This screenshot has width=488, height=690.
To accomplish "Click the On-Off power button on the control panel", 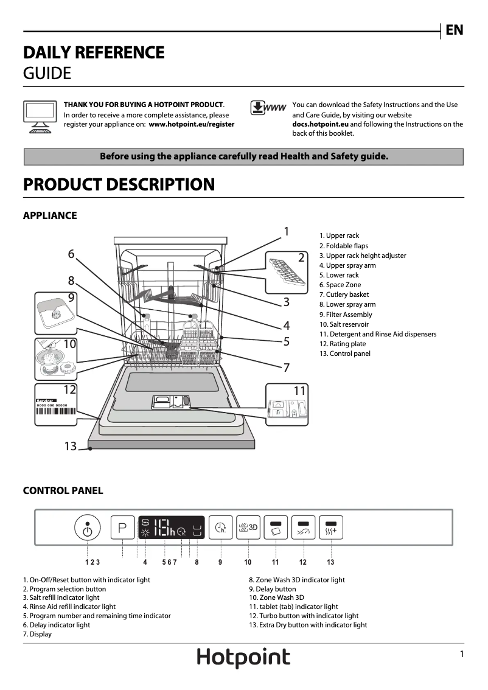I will click(88, 529).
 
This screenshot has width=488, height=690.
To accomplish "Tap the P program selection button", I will click(122, 528).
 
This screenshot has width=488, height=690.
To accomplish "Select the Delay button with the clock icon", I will click(220, 528).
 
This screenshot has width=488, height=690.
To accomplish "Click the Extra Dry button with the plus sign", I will click(331, 528).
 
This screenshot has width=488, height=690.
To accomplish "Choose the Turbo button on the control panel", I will click(303, 528).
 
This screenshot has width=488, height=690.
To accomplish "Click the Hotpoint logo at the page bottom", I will click(243, 658).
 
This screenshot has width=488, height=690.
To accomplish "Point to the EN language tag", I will click(455, 30).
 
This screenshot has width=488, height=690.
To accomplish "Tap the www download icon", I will click(268, 108).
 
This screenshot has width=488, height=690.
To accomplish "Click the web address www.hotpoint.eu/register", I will click(191, 124).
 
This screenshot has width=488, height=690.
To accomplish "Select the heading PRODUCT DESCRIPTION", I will click(119, 184).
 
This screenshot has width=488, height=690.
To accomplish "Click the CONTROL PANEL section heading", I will click(63, 490).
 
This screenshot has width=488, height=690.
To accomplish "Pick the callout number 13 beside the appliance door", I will click(71, 447).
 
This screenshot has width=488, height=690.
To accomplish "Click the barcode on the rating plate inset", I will click(56, 411).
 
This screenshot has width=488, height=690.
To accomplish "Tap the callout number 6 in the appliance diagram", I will click(71, 254).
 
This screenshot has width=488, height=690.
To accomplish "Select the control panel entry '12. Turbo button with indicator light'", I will click(304, 616).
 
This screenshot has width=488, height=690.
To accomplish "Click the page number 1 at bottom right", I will click(462, 654).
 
